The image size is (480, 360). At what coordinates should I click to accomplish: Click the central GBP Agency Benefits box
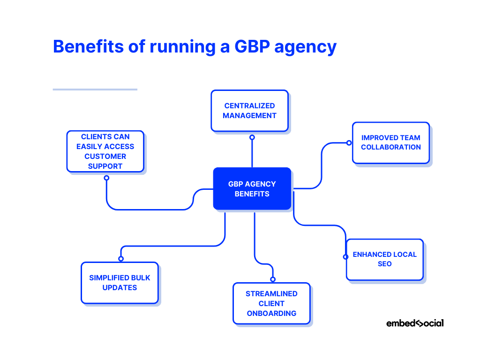(252, 188)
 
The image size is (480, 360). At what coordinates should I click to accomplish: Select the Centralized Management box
(249, 111)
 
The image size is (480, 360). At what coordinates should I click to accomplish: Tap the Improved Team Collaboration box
(390, 142)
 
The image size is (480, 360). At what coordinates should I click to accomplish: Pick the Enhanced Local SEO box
(384, 259)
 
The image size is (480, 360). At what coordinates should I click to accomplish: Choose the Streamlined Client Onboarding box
(271, 303)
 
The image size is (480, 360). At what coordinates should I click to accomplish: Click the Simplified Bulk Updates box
(120, 283)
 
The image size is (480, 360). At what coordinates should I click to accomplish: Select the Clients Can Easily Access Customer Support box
(105, 151)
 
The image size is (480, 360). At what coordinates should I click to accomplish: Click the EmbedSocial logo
(414, 323)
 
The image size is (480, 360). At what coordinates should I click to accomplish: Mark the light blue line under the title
(95, 89)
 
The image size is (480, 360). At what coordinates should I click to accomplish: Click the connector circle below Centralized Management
(252, 137)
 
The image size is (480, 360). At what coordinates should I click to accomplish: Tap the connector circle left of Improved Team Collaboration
(349, 142)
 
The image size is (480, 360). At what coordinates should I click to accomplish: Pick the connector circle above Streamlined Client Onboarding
(272, 279)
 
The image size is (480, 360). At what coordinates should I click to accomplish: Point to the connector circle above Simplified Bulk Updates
(121, 258)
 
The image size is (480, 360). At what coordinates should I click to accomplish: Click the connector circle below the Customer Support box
(106, 178)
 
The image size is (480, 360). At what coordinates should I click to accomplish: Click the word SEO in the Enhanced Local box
(384, 264)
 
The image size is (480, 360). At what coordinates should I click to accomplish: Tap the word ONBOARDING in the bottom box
(271, 313)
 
